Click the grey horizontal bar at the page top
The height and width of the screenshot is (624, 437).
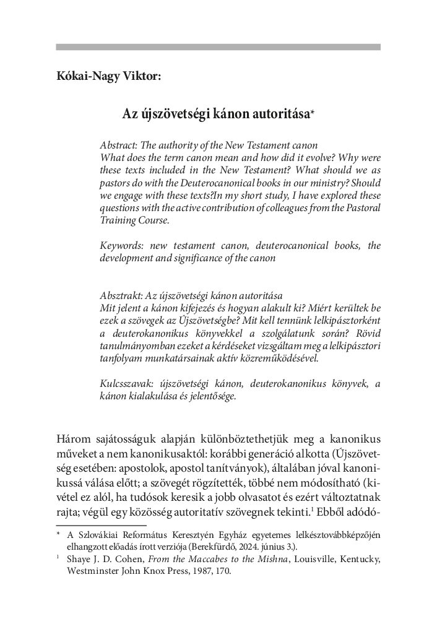pos(218,46)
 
